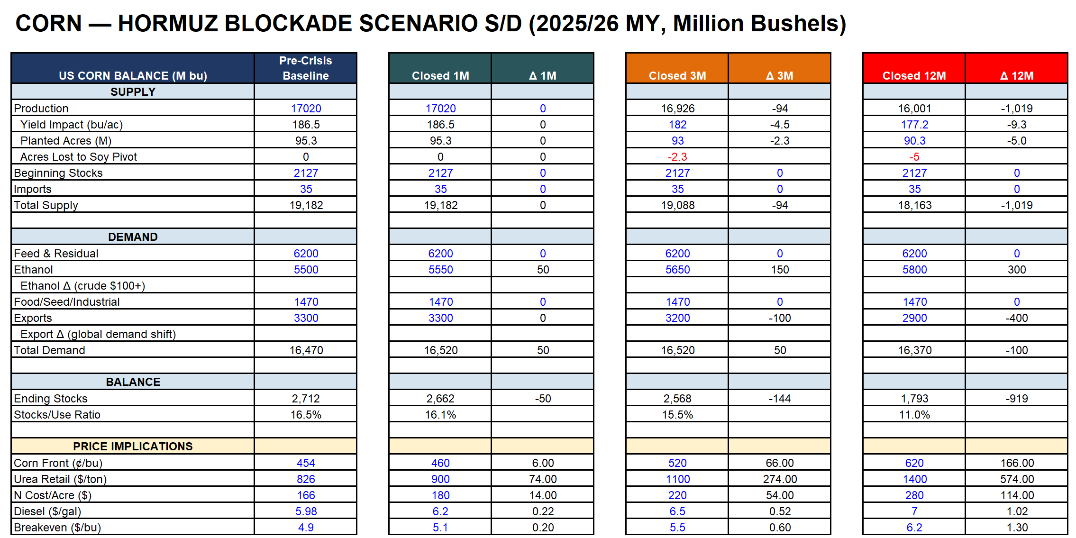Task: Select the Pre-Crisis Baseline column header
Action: [x=306, y=68]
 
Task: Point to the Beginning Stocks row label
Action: [x=58, y=173]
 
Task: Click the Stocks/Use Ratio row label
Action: [x=57, y=415]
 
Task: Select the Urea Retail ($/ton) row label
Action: [x=60, y=479]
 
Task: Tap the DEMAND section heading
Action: [x=133, y=237]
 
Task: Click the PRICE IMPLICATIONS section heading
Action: [x=133, y=446]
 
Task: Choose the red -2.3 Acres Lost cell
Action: [x=677, y=157]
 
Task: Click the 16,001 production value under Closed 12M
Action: [x=914, y=109]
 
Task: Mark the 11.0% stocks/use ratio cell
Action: [x=914, y=415]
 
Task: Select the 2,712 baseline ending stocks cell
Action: [x=306, y=399]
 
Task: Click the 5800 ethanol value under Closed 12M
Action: [x=914, y=270]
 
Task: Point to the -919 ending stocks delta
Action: [x=1017, y=399]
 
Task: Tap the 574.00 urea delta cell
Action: [x=1017, y=479]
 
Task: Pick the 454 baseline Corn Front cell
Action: [x=306, y=463]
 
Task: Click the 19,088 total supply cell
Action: [x=677, y=205]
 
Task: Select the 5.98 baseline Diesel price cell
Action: [x=306, y=511]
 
